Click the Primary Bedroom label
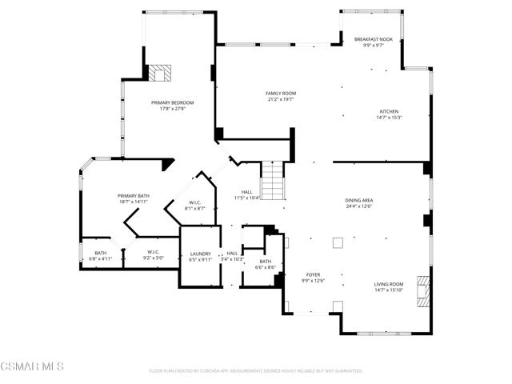point(172,102)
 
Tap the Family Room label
point(281,94)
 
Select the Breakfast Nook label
point(374,38)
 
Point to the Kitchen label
point(389,111)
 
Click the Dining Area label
point(359,200)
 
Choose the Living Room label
point(389,284)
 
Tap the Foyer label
point(312,274)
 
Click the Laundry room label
point(200,253)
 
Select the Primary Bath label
point(133,196)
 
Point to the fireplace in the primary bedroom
point(161,74)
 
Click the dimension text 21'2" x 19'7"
point(281,100)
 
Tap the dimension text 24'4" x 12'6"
point(359,206)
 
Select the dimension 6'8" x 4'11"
point(100,259)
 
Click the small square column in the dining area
point(338,242)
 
